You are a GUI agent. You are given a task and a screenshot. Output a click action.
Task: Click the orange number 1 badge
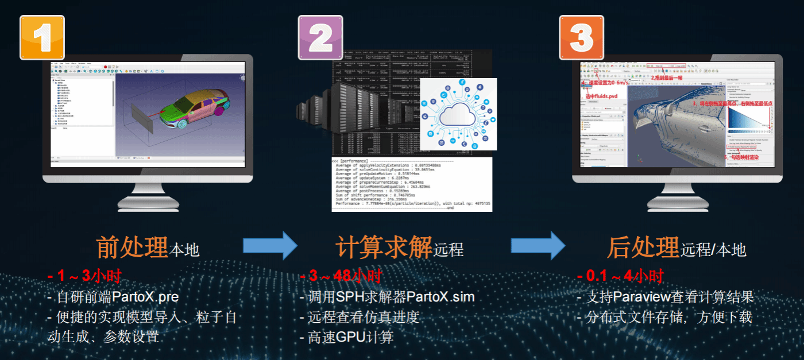(42, 37)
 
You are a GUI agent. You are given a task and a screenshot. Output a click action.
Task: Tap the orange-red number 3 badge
(581, 37)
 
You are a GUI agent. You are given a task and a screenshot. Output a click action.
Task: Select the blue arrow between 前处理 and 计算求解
(270, 246)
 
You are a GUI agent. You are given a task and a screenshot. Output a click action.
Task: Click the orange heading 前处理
(132, 247)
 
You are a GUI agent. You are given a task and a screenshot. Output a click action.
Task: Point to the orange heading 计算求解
(384, 247)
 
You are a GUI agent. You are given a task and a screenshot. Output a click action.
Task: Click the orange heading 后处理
(643, 247)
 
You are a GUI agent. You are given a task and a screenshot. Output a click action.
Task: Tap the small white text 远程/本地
(713, 250)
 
